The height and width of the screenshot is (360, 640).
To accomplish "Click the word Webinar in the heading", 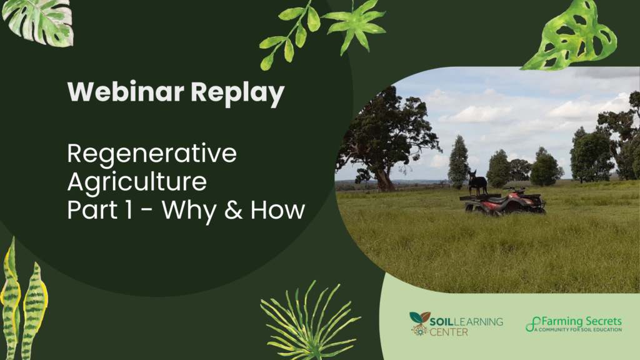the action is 126,91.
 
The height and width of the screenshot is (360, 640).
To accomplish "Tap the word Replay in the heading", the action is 237,94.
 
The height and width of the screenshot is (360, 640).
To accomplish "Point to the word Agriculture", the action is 137,181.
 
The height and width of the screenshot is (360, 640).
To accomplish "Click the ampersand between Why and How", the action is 233,210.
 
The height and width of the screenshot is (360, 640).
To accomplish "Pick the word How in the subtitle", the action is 277,210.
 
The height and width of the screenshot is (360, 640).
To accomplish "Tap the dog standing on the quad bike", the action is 477,182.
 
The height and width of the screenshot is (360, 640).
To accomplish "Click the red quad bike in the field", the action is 504,202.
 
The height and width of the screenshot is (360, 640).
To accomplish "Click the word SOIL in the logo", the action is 441,322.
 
